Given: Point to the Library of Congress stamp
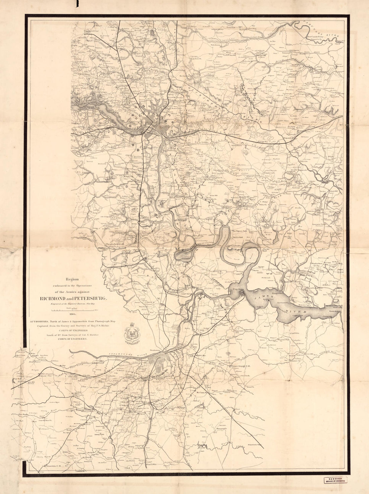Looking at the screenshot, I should (335, 480).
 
